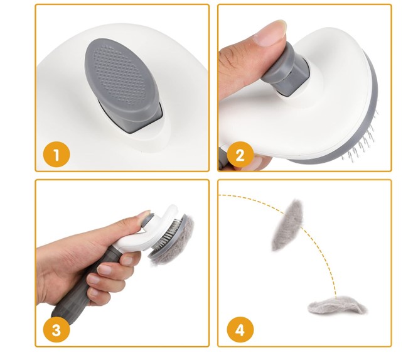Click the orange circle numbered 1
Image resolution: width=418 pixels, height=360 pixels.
tap(56, 155)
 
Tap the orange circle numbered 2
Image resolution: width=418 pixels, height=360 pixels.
tap(240, 155)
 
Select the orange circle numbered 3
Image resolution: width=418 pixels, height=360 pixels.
tap(56, 330)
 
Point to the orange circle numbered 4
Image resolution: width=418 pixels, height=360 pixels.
tap(240, 330)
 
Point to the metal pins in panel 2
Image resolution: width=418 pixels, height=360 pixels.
tap(363, 139)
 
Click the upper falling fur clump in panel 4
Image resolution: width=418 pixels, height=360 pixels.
tap(288, 225)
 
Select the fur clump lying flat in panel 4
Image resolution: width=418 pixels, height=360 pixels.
tap(337, 305)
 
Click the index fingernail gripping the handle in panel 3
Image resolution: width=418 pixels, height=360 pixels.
tap(127, 259)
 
